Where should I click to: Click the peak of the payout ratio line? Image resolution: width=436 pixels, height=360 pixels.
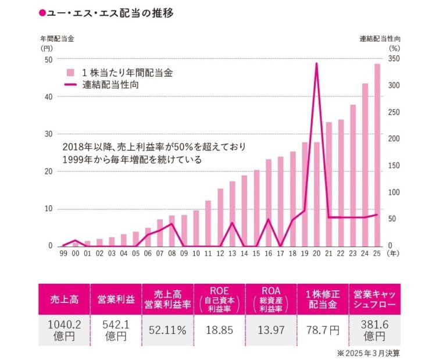pos(316,63)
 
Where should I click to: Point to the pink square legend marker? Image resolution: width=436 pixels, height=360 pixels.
pos(70,73)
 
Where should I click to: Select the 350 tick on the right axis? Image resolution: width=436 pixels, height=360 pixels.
pos(394,59)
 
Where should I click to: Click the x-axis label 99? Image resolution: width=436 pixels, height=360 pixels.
pos(63,254)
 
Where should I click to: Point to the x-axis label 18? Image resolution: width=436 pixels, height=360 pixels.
pos(292,254)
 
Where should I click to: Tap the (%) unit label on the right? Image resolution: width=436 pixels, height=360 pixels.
pos(394,48)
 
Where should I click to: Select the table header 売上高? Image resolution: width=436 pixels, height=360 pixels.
pos(63,300)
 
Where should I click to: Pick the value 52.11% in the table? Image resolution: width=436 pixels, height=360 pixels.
pos(167,330)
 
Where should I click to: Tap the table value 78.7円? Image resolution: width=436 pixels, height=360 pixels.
pos(321,330)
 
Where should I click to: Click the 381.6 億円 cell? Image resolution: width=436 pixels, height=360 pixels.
pos(373,330)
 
